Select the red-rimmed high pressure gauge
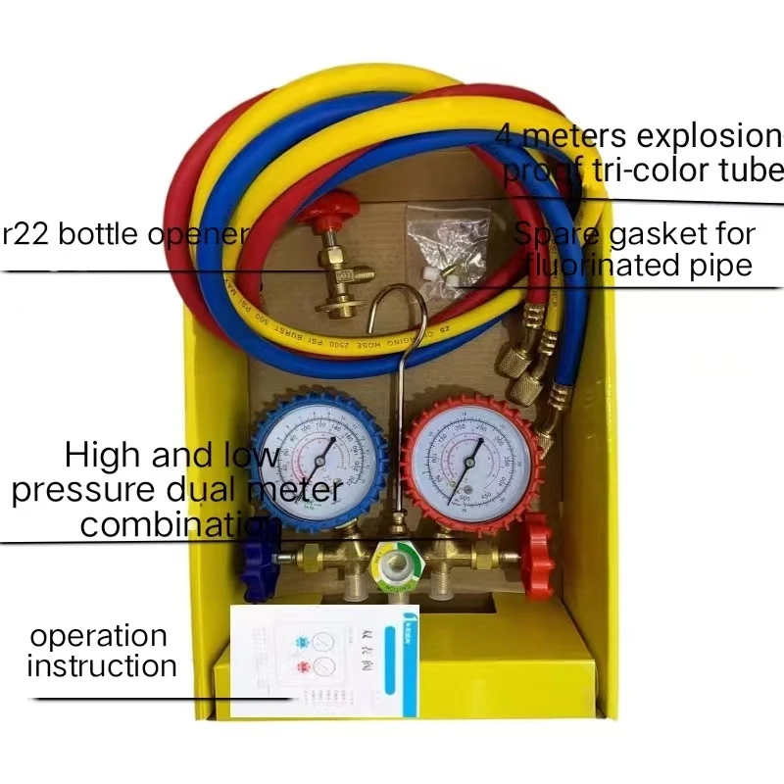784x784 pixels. click(470, 461)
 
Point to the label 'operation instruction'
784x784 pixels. click(100, 652)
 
